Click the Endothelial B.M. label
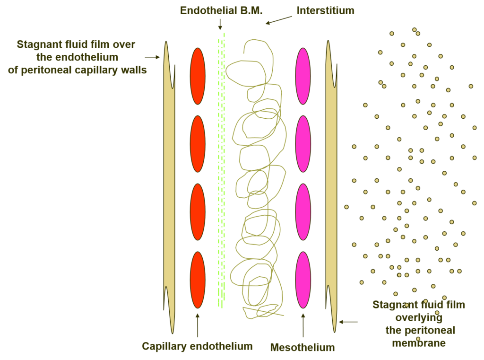coord(221,10)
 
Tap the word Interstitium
coord(325,10)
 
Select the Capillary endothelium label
coord(197,346)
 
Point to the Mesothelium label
coord(302,347)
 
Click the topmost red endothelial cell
coord(198,76)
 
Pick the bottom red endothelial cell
coord(198,280)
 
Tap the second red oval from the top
coord(198,144)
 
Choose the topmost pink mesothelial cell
coord(303,76)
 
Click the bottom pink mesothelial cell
coord(303,280)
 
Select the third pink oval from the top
coord(303,212)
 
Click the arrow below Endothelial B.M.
coord(220,25)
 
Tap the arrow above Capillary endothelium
coord(198,325)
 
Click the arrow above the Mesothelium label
coord(303,325)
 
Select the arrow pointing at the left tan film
coord(152,57)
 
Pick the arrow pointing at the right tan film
coord(348,322)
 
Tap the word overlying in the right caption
coord(419,318)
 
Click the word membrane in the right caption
coord(419,343)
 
